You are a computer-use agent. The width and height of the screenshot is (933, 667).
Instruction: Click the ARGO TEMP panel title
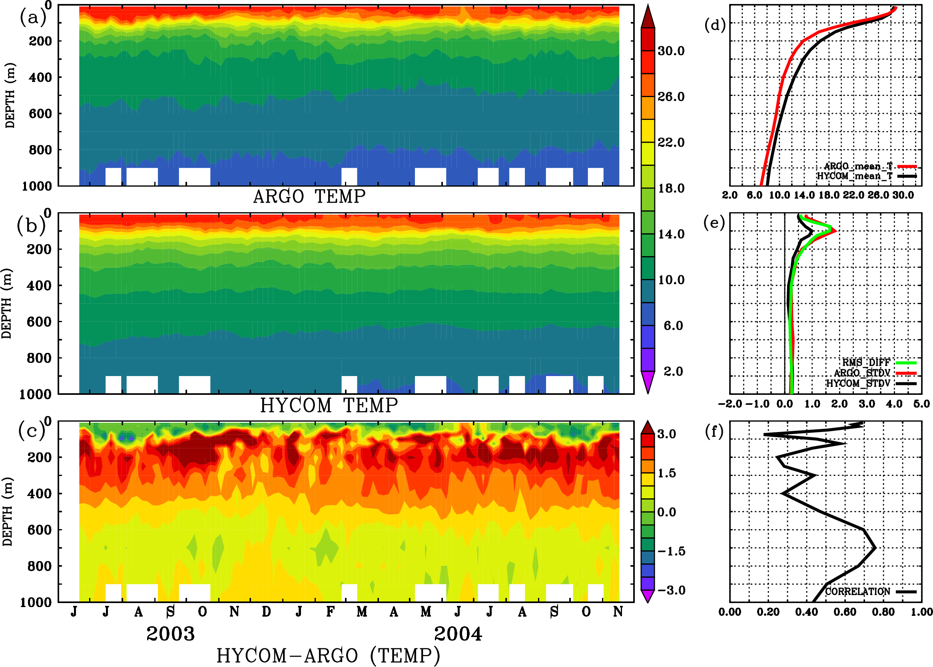coord(309,197)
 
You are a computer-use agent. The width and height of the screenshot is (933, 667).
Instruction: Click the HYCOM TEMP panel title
coord(329,405)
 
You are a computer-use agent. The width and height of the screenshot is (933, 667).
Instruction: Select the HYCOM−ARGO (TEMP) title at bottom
coord(328,655)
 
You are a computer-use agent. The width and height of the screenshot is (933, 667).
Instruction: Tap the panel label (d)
coord(715,25)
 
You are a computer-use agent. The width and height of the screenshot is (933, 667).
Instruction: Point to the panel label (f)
coord(714,432)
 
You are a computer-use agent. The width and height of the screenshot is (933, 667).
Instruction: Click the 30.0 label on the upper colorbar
coord(671,51)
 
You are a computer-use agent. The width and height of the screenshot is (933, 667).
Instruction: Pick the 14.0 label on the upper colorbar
coord(671,234)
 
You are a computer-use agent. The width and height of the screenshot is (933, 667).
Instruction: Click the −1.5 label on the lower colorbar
coord(671,551)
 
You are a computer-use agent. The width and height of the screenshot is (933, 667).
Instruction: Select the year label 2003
coord(171,634)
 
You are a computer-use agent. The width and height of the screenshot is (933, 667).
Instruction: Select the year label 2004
coord(458,634)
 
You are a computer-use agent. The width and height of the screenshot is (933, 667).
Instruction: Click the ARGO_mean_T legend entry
coord(858,166)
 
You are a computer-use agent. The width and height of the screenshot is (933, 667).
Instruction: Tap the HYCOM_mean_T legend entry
coord(855,176)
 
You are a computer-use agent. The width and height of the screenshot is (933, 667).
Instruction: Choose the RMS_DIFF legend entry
coord(866,362)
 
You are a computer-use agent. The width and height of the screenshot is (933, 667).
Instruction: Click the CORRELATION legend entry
coord(857,591)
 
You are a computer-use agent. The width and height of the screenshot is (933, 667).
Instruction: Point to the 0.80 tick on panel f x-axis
coord(883,612)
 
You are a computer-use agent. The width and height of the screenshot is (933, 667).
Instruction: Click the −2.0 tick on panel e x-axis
coord(730,404)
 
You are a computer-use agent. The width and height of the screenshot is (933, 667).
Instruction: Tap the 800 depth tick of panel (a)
coord(40,150)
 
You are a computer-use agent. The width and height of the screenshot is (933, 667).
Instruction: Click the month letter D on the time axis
coord(266,612)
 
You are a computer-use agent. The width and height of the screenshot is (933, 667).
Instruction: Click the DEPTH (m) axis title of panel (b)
coord(6,303)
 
